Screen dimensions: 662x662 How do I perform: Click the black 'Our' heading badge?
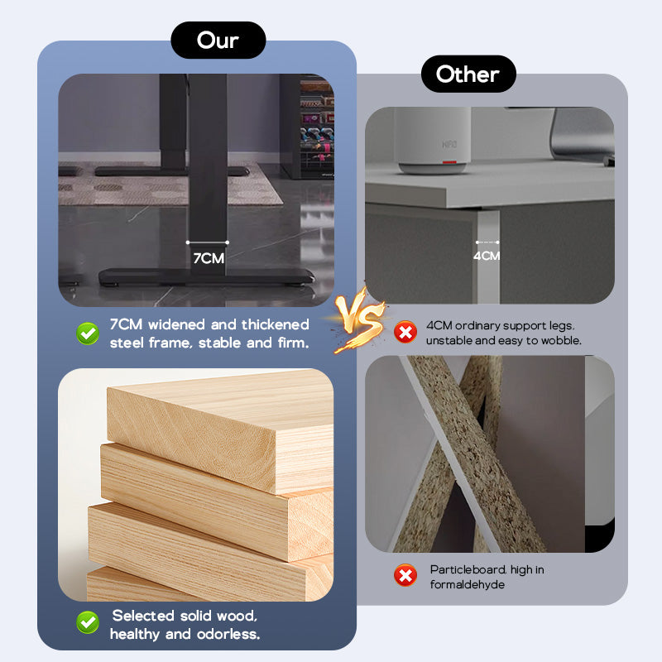(218, 40)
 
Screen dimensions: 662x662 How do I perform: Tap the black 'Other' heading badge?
(468, 74)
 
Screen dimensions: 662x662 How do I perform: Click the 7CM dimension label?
(209, 258)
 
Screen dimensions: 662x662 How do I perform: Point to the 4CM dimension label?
(487, 256)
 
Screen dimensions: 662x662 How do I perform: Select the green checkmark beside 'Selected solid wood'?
(88, 622)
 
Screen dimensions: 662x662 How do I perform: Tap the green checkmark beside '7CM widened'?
(88, 333)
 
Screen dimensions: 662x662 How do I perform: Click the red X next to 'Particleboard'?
(405, 575)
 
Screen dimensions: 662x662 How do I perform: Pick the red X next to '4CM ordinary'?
(405, 332)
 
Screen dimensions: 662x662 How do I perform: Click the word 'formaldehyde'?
(468, 584)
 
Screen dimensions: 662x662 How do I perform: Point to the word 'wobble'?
(561, 340)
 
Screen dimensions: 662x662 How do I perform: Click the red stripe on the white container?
(449, 161)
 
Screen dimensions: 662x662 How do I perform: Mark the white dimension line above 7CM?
(208, 242)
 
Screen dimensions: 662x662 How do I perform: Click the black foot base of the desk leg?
(207, 277)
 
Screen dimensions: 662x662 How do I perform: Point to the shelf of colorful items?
(317, 127)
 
